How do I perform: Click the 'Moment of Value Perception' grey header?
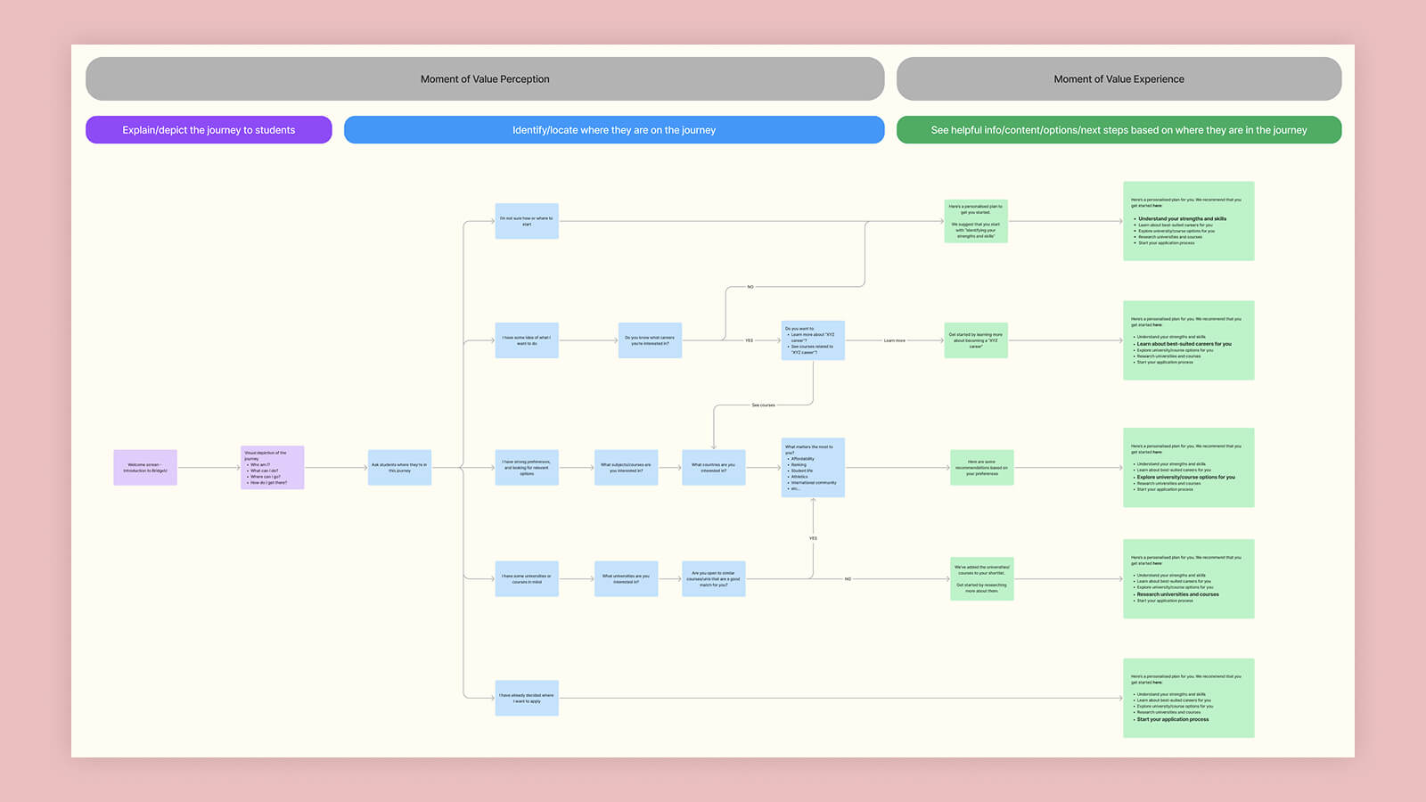(485, 79)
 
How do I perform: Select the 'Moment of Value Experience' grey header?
(1119, 79)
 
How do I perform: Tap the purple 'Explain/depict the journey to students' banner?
(209, 130)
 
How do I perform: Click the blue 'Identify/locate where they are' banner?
(614, 130)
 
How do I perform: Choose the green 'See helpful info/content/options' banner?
(1119, 130)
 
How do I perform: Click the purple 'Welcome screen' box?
(145, 468)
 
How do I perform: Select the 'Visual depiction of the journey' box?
(272, 468)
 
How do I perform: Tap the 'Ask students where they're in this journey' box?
(399, 468)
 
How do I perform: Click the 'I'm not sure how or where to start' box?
(527, 221)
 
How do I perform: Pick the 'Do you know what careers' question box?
(650, 340)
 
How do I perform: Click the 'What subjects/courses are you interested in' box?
(626, 468)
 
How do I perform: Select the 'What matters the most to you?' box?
(813, 468)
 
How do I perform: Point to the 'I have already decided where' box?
(527, 699)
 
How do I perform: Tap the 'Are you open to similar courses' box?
(713, 579)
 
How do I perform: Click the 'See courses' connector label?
(763, 405)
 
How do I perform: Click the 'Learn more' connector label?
(894, 340)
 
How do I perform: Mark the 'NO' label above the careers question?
(750, 287)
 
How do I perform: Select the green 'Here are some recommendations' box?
(981, 468)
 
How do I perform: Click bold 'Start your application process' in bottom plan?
(1173, 719)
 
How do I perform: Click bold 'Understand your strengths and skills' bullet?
(1182, 218)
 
